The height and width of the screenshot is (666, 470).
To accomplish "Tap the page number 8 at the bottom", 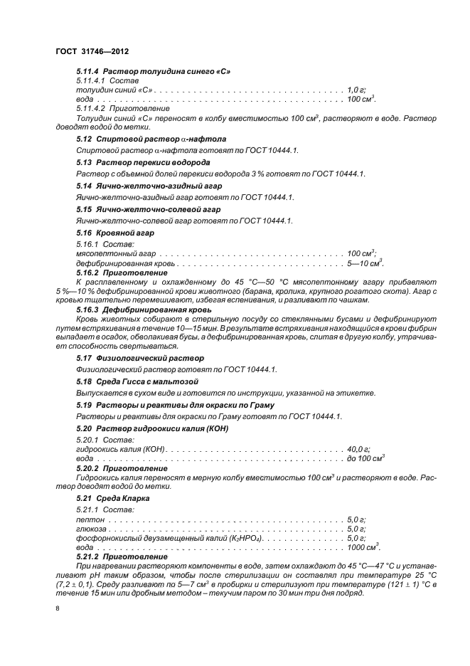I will click(58, 608).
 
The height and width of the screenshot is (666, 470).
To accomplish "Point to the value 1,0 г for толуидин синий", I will click(356, 90).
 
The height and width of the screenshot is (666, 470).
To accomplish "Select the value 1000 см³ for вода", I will click(363, 547).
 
